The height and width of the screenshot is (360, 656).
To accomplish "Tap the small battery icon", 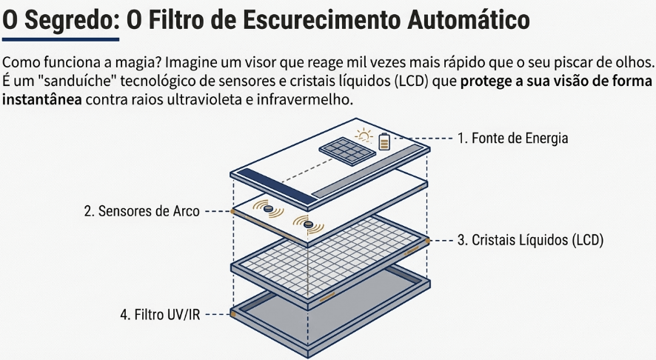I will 384,141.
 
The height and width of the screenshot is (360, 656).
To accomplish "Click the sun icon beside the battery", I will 364,136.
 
